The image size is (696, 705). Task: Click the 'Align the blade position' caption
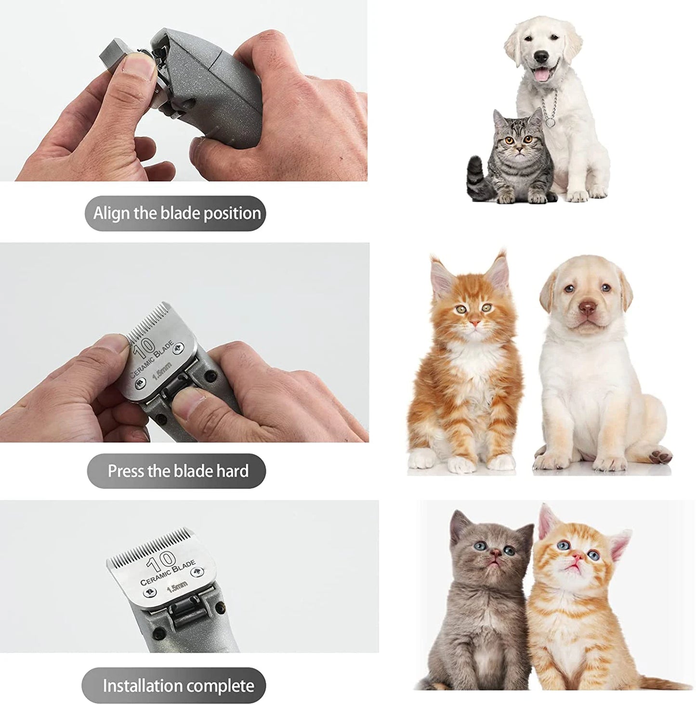coord(177,213)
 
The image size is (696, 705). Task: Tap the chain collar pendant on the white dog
coord(549,122)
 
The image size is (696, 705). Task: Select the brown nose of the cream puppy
coord(586,308)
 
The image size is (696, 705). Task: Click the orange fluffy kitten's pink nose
coord(475,322)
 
